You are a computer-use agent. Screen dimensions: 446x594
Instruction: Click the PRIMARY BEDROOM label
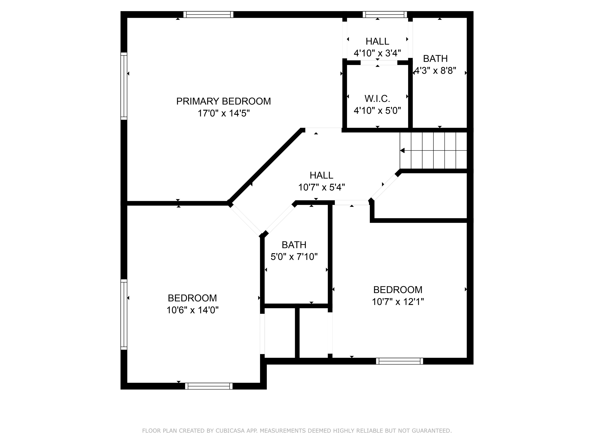point(223,101)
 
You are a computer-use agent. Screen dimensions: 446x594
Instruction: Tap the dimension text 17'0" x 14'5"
point(223,113)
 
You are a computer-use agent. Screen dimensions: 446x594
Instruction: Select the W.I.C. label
point(377,99)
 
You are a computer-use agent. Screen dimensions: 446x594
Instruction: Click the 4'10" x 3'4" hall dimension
point(377,53)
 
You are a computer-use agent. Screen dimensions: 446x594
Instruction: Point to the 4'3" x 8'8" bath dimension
point(435,71)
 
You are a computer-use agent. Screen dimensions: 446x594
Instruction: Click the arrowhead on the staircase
point(402,151)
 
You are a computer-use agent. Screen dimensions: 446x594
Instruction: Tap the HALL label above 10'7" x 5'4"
point(321,175)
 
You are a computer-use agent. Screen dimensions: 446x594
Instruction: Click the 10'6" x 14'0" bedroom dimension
point(192,310)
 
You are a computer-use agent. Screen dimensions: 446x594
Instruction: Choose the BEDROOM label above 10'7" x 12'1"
point(398,290)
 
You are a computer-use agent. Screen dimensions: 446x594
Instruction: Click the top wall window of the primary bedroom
point(208,15)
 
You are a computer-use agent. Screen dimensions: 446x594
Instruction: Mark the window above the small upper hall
point(385,15)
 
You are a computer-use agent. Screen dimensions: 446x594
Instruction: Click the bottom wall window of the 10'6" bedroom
point(209,386)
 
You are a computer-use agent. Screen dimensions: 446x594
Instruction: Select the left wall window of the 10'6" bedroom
point(124,314)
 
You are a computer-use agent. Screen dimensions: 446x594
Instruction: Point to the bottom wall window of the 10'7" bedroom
point(399,361)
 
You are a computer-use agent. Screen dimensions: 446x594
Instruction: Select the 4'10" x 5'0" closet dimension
point(377,111)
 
